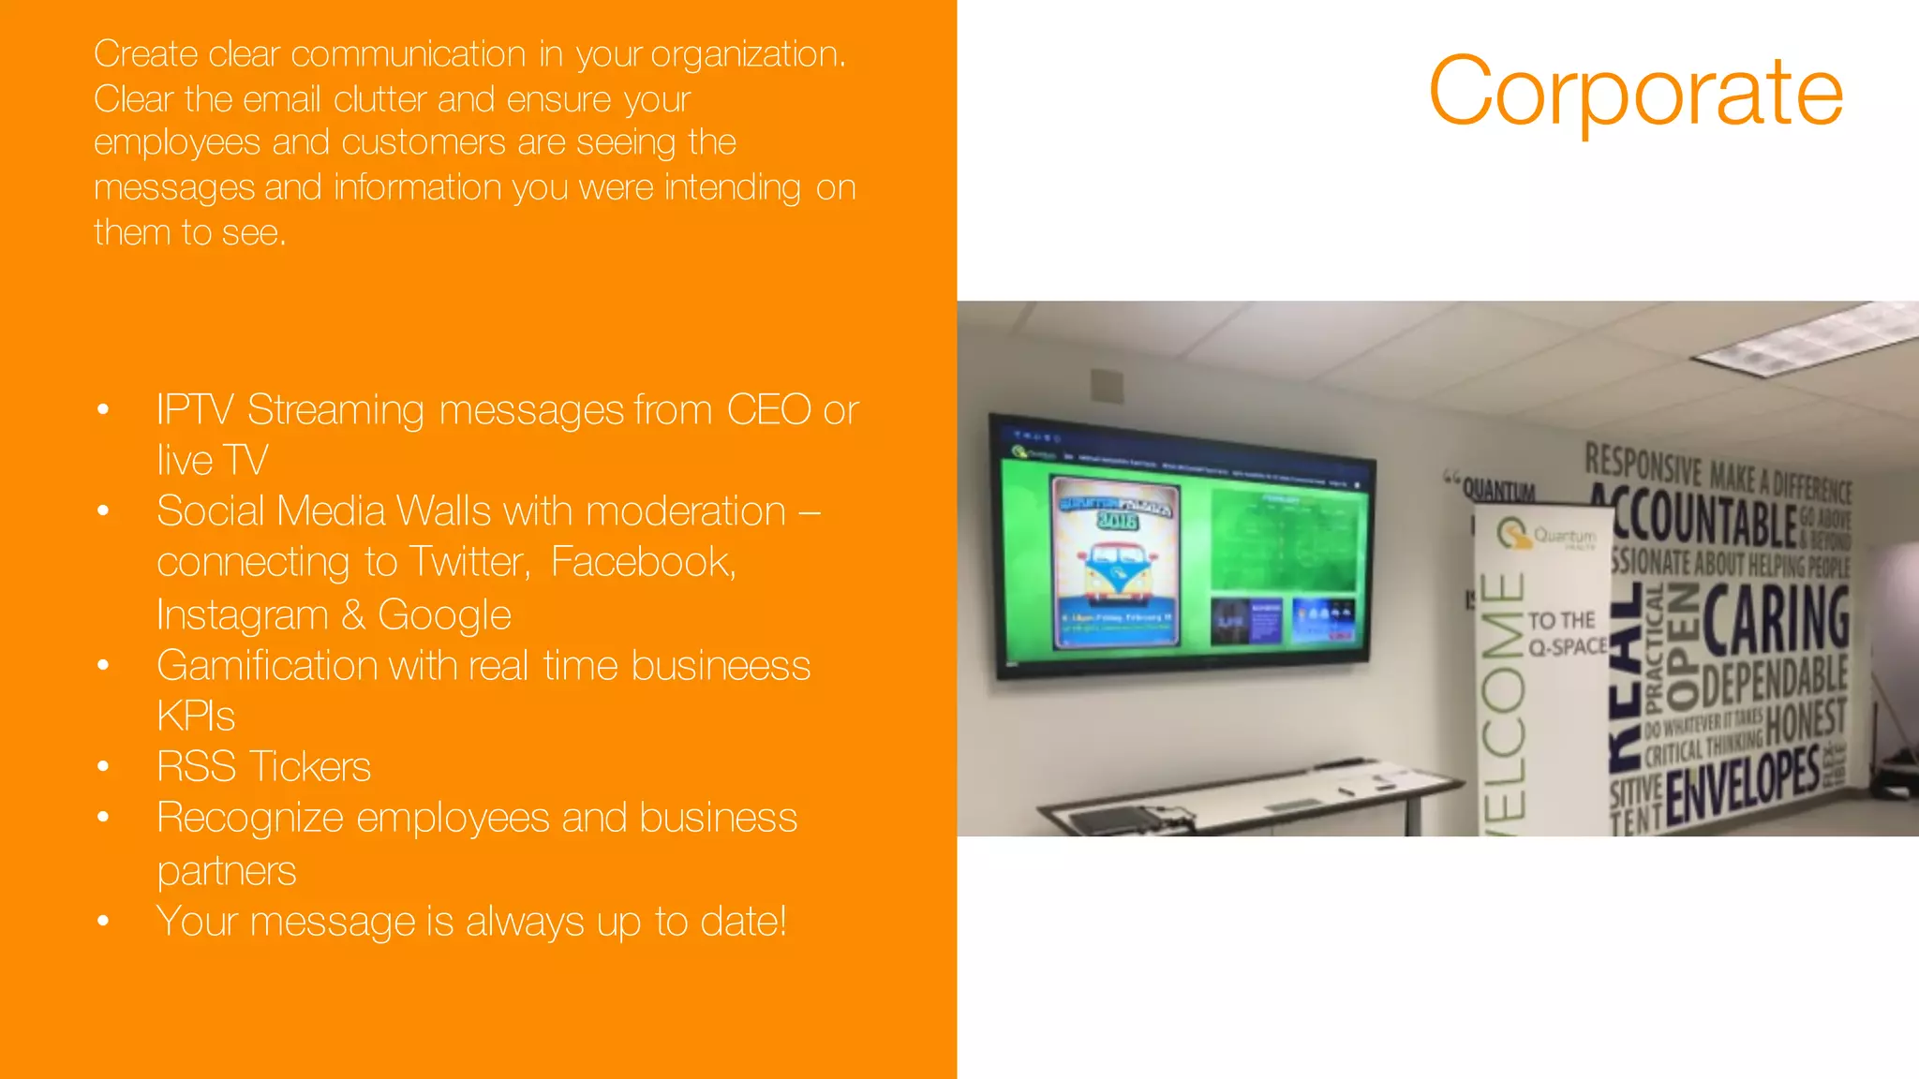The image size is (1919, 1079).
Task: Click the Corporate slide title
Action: (x=1635, y=92)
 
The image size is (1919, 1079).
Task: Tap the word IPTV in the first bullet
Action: (x=194, y=410)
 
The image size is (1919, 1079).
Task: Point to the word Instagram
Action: (x=242, y=615)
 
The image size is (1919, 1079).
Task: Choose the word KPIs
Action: (x=195, y=717)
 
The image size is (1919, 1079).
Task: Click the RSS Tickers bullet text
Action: (x=263, y=767)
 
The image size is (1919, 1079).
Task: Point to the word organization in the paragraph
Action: (x=747, y=55)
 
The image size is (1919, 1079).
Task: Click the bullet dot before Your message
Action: (x=103, y=922)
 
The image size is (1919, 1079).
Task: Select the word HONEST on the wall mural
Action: (x=1805, y=721)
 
